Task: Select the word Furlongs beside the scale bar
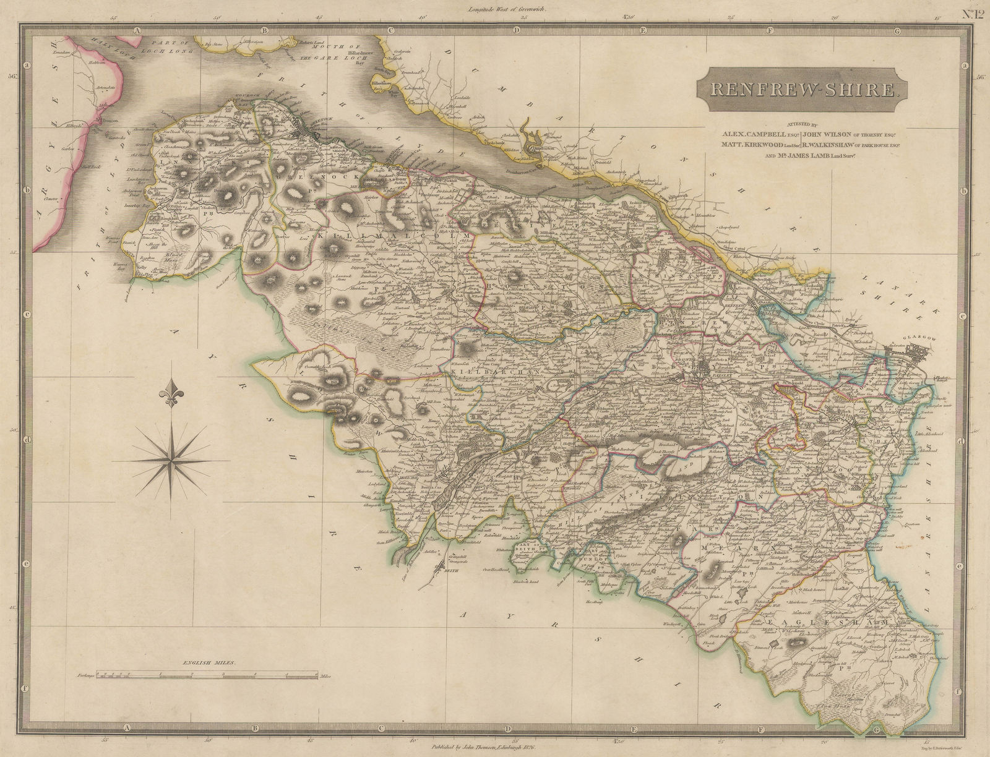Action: click(x=87, y=677)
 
